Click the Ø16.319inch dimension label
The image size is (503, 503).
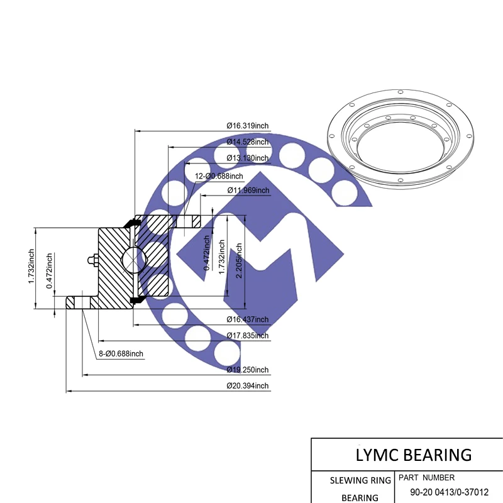[247, 126]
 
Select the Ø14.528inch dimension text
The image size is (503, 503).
[247, 142]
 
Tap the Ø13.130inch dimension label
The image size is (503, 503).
[247, 158]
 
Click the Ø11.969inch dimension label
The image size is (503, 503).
[247, 191]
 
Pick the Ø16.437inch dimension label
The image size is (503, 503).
[247, 319]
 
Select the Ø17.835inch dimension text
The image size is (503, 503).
[247, 336]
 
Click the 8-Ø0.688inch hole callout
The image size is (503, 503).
[121, 354]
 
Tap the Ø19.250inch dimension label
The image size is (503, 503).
[247, 370]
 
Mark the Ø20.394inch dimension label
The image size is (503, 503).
[247, 385]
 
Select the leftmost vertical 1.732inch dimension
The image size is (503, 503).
[31, 268]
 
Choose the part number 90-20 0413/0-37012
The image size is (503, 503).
[449, 492]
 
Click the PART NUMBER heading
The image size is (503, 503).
[426, 478]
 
